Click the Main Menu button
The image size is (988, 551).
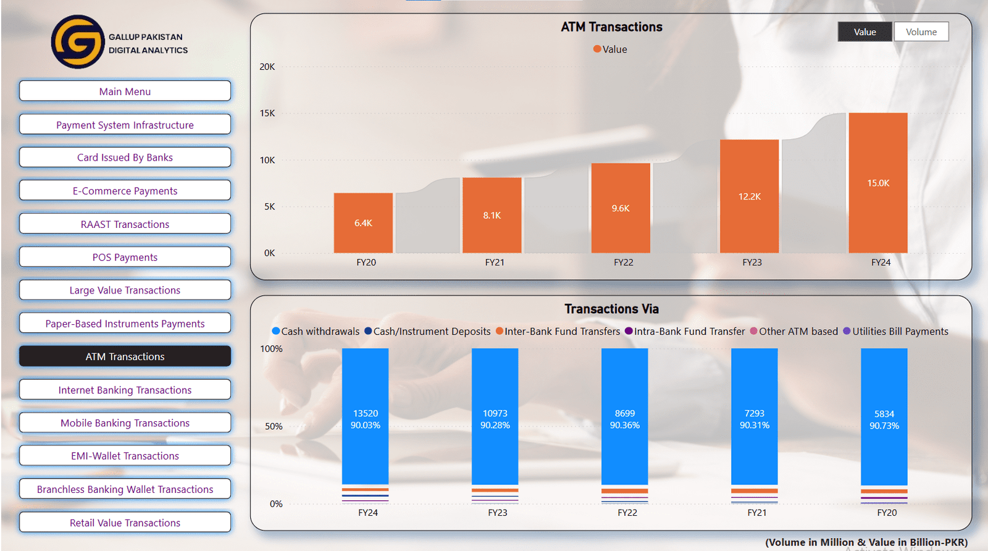coord(125,91)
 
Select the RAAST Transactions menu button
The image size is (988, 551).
coord(125,224)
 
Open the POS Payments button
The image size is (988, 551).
coord(125,257)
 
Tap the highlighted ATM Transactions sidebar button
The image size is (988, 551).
coord(125,356)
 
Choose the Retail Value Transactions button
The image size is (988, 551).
coord(125,523)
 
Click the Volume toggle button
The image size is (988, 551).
coord(921,32)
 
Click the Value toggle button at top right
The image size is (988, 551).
coord(865,32)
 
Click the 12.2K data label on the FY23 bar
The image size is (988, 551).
coord(749,196)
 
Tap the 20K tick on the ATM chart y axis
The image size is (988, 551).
coord(267,67)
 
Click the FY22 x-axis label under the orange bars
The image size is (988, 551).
coord(623,263)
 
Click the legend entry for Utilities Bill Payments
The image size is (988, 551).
coord(899,332)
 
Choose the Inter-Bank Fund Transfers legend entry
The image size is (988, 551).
coord(561,332)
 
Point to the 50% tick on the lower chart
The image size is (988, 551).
coord(274,427)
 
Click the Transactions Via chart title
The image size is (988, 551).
coord(611,309)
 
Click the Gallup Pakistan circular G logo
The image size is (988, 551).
coord(78,42)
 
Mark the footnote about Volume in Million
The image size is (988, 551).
coord(866,542)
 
